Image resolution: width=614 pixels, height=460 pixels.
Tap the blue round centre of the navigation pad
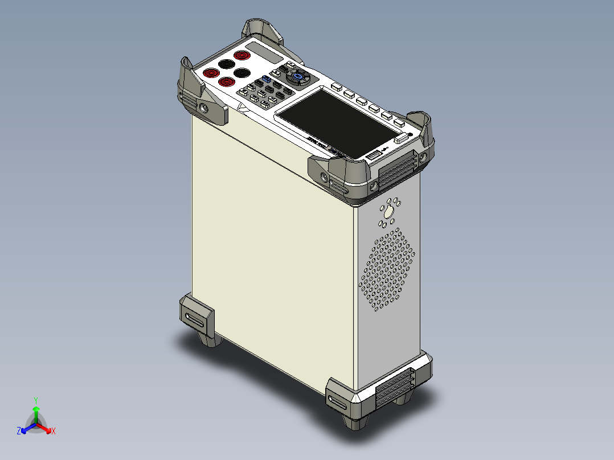297,76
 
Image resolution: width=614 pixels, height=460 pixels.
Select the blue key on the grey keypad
266,79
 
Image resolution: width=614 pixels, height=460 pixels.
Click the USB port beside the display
373,155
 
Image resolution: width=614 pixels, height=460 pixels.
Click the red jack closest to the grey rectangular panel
242,55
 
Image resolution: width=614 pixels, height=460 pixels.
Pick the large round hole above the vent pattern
389,213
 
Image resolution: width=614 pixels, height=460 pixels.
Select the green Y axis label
35,400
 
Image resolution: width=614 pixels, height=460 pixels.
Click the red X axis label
54,432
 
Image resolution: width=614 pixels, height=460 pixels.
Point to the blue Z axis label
19,432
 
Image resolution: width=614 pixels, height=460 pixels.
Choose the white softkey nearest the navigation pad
336,87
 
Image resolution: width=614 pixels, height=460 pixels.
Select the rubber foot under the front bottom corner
356,424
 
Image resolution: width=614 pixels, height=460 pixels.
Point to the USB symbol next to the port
384,149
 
